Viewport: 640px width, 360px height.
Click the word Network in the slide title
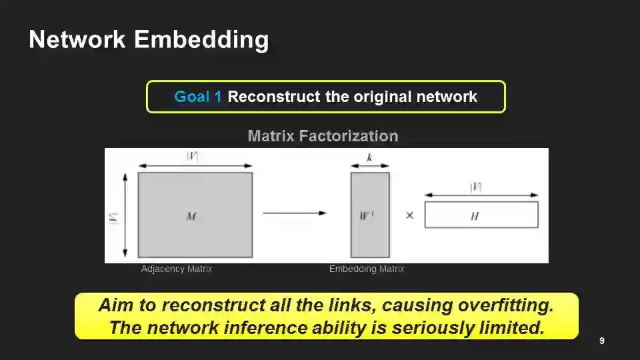pyautogui.click(x=77, y=39)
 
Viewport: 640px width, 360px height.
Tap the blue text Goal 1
pyautogui.click(x=198, y=97)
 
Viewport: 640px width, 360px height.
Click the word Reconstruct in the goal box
pyautogui.click(x=273, y=97)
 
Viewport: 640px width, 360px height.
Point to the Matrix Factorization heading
pyautogui.click(x=323, y=136)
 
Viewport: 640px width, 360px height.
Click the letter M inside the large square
pyautogui.click(x=191, y=216)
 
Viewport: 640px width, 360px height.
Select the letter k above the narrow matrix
pyautogui.click(x=369, y=158)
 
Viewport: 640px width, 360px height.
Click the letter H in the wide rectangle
pyautogui.click(x=475, y=216)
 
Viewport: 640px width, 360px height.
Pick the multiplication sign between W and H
pyautogui.click(x=409, y=215)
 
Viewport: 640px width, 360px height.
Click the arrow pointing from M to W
pyautogui.click(x=294, y=213)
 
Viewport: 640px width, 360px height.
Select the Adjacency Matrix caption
pyautogui.click(x=177, y=269)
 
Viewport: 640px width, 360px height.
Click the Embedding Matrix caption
pyautogui.click(x=367, y=269)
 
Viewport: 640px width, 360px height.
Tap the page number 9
pyautogui.click(x=602, y=341)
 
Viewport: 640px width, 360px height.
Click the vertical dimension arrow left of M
pyautogui.click(x=125, y=215)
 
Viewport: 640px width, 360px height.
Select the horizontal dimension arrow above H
pyautogui.click(x=481, y=195)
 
